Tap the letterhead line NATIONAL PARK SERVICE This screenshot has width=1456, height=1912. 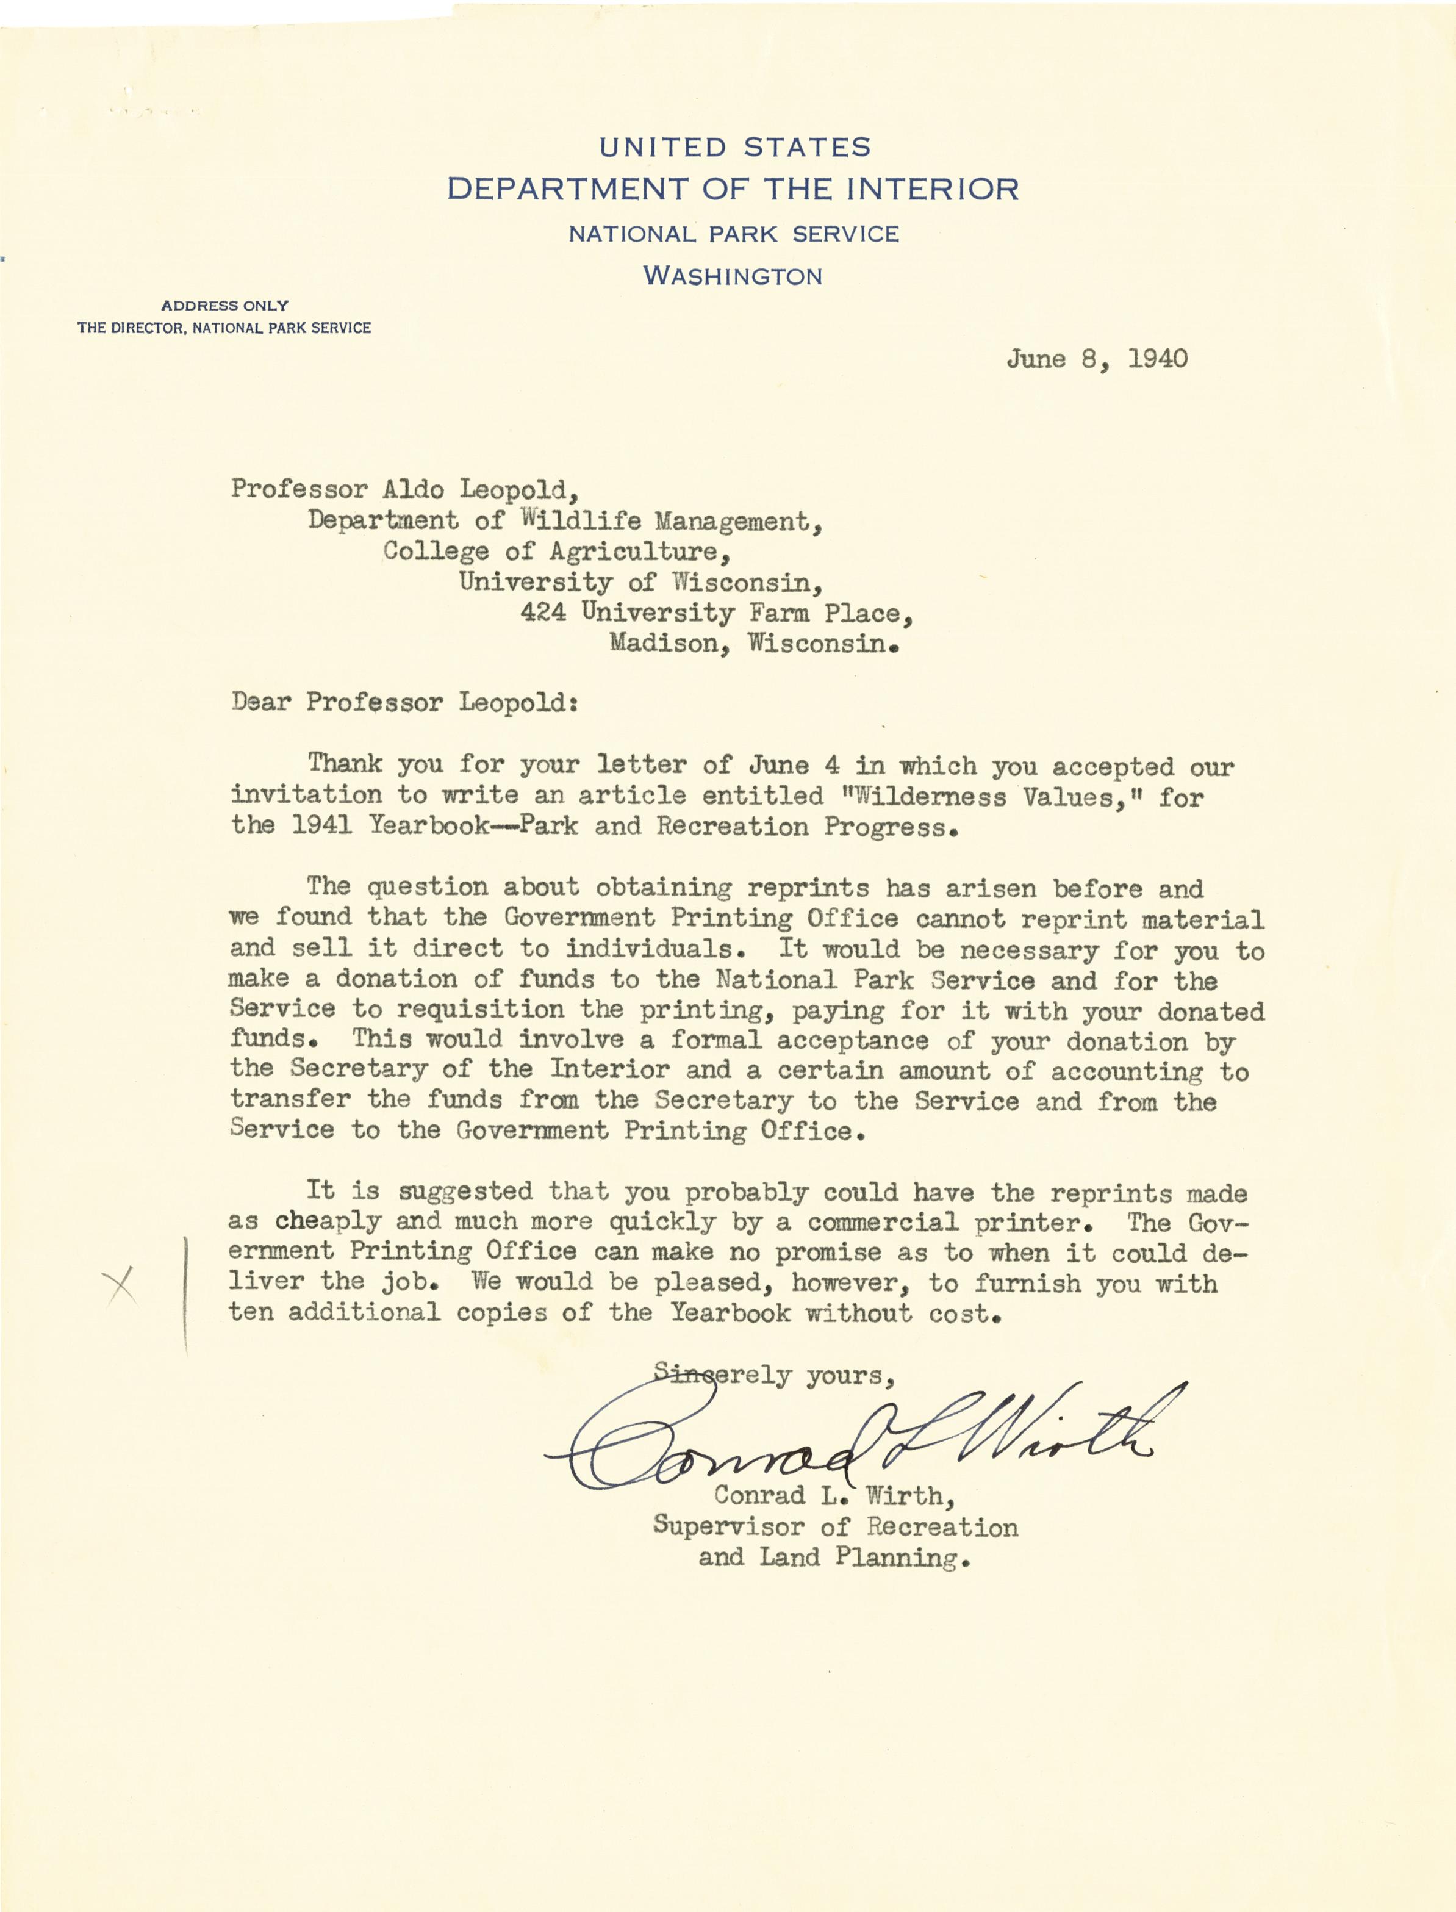tap(733, 234)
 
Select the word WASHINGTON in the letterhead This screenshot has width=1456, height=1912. tap(733, 276)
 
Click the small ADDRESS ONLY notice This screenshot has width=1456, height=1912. tap(224, 305)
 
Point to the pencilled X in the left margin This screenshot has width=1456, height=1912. tap(122, 1284)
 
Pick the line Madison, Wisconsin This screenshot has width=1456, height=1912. tap(753, 644)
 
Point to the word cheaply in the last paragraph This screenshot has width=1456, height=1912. tap(328, 1221)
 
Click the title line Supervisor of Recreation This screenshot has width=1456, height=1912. tap(834, 1526)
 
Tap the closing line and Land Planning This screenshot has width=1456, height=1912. tap(833, 1558)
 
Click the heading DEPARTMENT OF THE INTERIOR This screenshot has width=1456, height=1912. tap(733, 189)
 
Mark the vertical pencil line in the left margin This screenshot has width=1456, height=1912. tap(186, 1296)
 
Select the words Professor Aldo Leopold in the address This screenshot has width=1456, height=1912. tap(404, 490)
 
